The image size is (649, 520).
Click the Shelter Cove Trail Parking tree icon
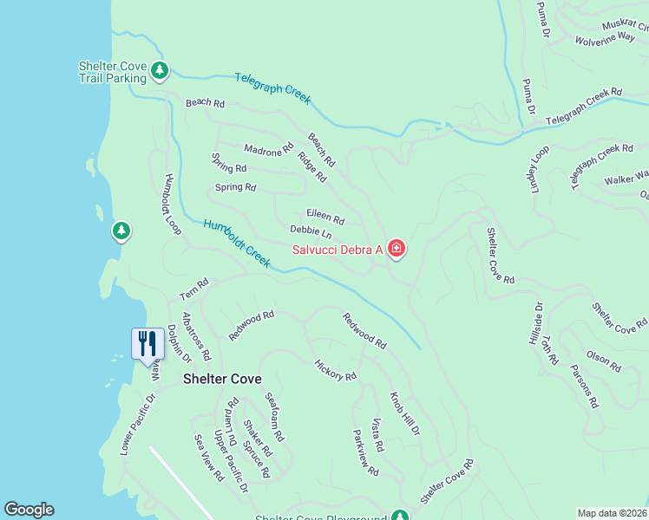click(159, 70)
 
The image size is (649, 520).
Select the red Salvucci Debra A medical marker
click(397, 250)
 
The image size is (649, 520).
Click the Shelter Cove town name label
click(222, 380)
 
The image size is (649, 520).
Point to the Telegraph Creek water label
click(272, 88)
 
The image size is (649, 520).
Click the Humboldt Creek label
click(237, 244)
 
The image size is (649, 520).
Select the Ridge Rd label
click(311, 166)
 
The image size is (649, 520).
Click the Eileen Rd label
click(325, 219)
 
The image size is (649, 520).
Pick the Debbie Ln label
click(311, 232)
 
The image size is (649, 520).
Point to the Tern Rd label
click(194, 288)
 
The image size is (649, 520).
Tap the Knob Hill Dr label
click(404, 414)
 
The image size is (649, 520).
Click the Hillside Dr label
click(535, 324)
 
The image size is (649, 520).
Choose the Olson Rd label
click(603, 361)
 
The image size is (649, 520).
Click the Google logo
click(29, 510)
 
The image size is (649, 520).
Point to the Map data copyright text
click(612, 513)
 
